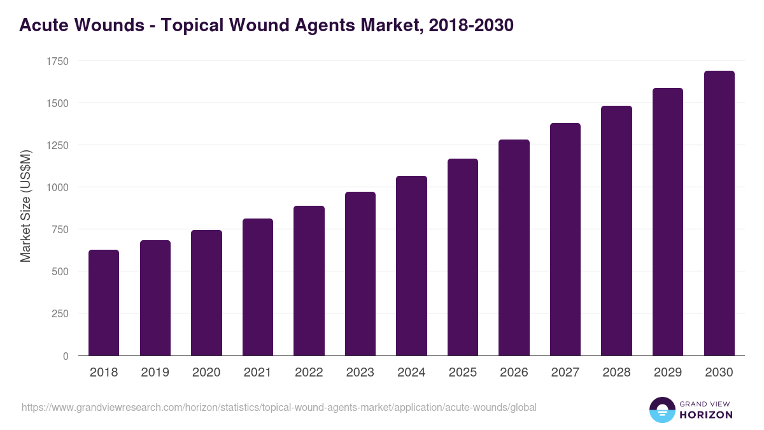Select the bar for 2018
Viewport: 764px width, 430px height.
point(104,303)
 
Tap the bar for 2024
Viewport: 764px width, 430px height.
point(411,266)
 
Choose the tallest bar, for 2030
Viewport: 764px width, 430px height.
point(719,213)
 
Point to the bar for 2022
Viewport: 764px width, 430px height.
point(309,280)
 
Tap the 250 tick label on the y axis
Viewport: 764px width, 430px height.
point(60,313)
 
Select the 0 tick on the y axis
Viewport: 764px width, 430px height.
point(66,356)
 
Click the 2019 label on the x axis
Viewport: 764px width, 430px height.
point(155,373)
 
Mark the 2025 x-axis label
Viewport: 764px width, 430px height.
point(463,373)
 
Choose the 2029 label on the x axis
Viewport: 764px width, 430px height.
point(668,373)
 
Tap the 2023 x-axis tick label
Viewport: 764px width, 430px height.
point(360,373)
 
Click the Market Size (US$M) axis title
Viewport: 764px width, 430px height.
point(25,206)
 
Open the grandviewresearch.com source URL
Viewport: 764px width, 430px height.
point(279,407)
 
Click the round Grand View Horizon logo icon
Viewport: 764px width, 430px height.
point(662,410)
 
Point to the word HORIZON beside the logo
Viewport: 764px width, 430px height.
point(706,415)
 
